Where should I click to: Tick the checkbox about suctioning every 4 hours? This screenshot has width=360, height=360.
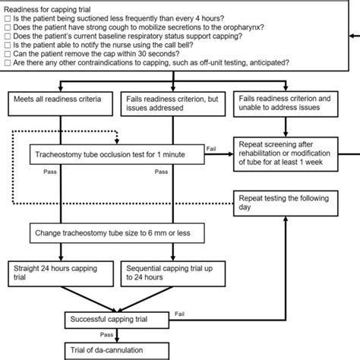coord(7,17)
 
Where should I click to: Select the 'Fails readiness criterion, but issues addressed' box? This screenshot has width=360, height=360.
coord(173,104)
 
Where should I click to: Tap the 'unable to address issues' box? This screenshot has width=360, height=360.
coord(288,104)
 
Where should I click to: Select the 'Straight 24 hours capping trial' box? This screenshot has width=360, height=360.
coord(56,273)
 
